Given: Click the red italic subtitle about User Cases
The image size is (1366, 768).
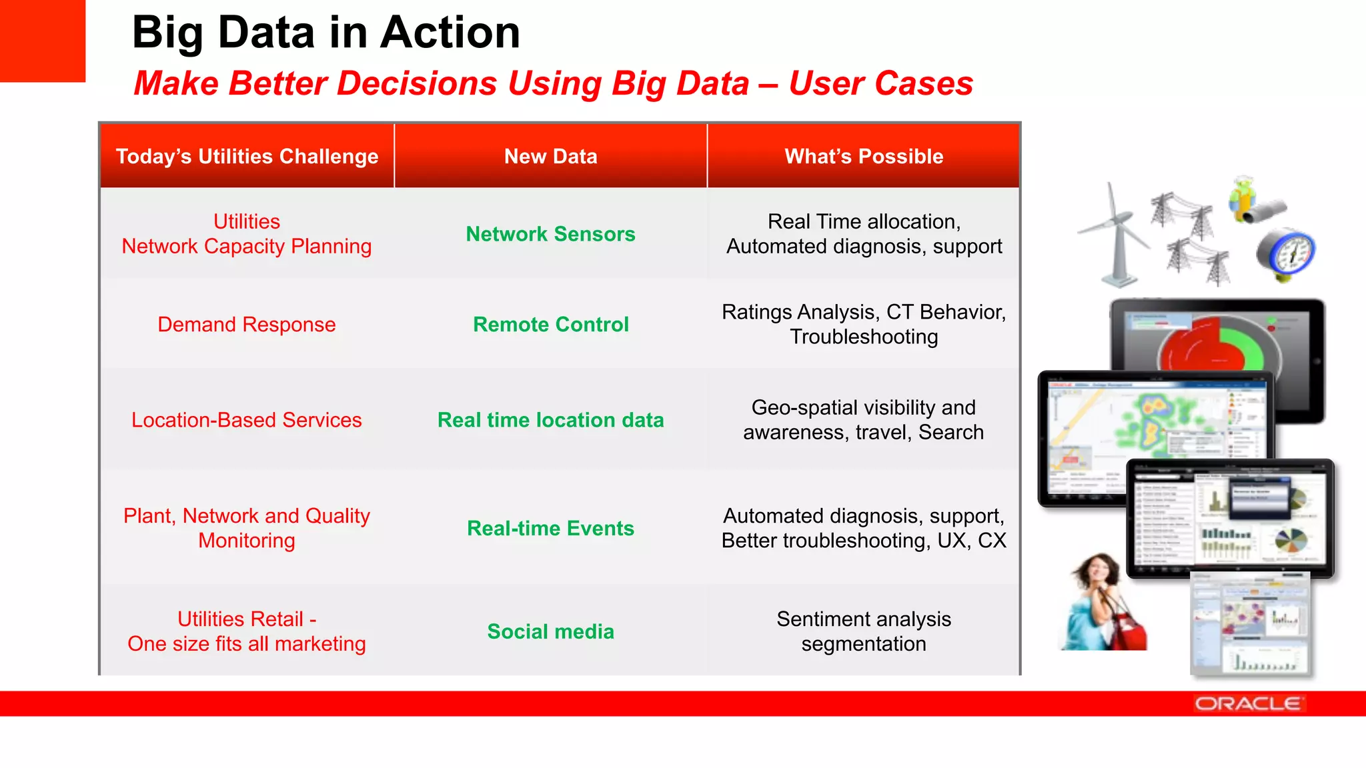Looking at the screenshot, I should [553, 84].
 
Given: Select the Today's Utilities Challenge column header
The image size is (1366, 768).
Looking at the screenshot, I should [247, 156].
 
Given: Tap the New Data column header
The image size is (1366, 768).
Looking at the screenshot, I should [550, 156].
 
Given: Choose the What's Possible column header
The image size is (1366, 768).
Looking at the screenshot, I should [864, 156].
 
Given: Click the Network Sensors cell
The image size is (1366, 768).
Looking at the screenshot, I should [550, 234].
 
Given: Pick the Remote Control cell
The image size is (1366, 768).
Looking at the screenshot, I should [550, 325].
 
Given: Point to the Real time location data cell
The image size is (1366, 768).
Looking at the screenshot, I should [550, 420].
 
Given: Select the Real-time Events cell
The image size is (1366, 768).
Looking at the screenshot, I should [550, 528].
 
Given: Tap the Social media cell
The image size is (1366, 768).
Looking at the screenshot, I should [550, 631].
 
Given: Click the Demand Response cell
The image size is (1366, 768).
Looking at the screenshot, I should [247, 325].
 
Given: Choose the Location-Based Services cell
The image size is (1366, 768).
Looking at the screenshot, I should [247, 420].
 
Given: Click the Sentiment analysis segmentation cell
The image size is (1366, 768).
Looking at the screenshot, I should [864, 631].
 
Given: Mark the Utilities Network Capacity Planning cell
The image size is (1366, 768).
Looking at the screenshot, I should [247, 234].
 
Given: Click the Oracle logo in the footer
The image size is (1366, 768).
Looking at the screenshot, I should [1247, 704].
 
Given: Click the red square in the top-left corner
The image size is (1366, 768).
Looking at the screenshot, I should [42, 40].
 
